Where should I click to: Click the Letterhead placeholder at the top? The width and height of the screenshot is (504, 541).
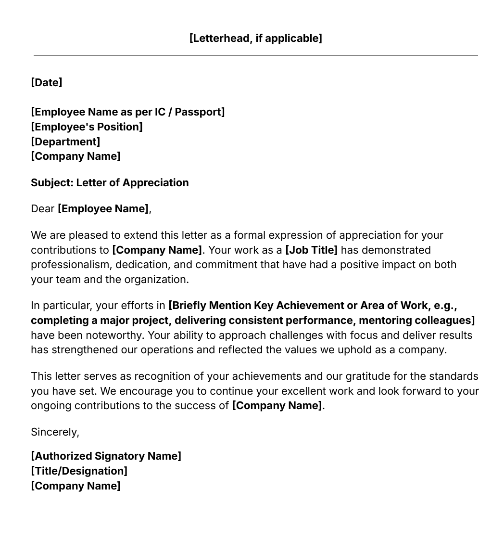pos(255,38)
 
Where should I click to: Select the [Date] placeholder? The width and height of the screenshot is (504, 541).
pos(47,82)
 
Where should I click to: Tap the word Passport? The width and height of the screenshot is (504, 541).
pos(199,112)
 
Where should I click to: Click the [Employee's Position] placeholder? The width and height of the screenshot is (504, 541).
pos(87,127)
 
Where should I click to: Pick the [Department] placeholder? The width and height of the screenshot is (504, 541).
pos(65,142)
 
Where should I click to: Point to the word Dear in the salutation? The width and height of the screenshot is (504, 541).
pos(42,208)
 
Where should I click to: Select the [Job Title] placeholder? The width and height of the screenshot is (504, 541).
pos(311,250)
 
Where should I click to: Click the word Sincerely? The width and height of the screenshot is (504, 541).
pos(55,432)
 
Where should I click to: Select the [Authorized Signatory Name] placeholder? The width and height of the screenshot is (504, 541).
pos(106,456)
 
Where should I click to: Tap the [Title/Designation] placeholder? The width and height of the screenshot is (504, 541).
pos(79,471)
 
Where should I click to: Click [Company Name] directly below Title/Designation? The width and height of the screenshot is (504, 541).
pos(76,486)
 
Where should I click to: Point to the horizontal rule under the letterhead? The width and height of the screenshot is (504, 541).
pos(255,55)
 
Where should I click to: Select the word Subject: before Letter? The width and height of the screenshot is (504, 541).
pos(52,182)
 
